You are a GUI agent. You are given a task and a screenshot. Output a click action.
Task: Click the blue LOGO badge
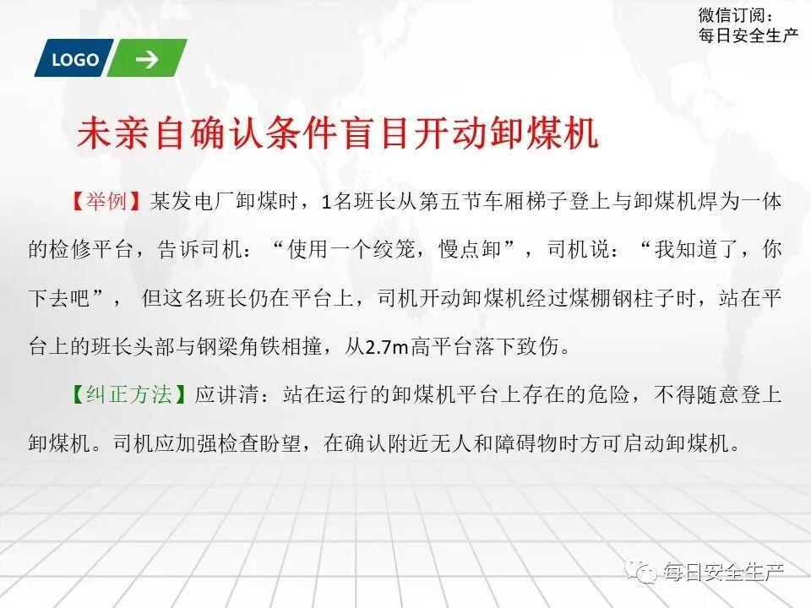(x=74, y=59)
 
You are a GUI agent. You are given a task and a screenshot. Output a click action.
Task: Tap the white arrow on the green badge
(x=147, y=59)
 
